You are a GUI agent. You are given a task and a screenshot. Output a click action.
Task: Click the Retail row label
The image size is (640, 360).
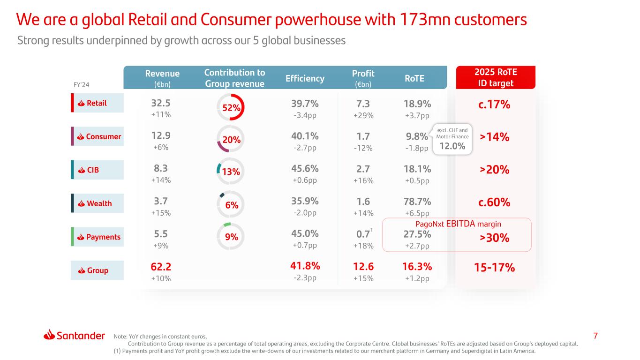coord(97,103)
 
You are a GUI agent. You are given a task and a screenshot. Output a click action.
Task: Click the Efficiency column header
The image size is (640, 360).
coord(305,78)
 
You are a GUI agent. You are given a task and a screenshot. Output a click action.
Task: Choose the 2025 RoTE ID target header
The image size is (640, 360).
coord(496,78)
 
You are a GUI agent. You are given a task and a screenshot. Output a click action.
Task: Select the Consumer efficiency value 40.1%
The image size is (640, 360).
coord(304,136)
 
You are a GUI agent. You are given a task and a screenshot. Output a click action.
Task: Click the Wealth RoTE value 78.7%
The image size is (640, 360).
coord(417,202)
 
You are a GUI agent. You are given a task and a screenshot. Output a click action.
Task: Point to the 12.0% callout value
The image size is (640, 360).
coord(452,146)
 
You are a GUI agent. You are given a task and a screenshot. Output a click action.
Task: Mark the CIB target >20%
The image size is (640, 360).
coord(495,170)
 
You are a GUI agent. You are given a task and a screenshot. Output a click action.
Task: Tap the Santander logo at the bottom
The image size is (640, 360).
coord(74,335)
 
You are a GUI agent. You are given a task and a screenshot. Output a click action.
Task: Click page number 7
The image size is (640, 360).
coord(595,336)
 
